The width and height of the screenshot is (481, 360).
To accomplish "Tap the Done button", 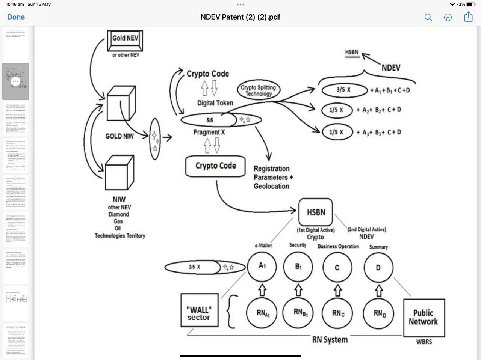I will (x=16, y=17).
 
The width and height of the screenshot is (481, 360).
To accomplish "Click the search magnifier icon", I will (x=428, y=17).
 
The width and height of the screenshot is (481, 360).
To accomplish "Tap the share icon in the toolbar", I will (x=468, y=17).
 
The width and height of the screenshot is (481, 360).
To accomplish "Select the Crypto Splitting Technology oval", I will (x=259, y=90).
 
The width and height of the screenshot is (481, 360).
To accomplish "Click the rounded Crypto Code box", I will (x=216, y=166).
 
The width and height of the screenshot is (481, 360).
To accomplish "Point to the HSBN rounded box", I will (x=316, y=212).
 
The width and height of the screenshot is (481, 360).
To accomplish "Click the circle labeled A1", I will (x=262, y=266).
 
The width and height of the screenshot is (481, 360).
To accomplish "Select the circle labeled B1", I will (x=298, y=267).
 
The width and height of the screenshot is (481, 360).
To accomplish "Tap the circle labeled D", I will (x=378, y=268).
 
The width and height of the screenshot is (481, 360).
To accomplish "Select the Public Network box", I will (x=424, y=318).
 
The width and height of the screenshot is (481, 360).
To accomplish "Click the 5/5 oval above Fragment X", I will (x=210, y=120).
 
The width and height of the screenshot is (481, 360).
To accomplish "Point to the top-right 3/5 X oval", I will (x=344, y=90).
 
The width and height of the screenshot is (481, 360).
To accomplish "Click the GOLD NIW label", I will (x=119, y=136).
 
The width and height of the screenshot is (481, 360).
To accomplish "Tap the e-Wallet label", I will (x=263, y=246).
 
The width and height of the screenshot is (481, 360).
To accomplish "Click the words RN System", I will (x=330, y=340).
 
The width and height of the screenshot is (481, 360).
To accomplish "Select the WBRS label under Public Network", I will (x=424, y=342).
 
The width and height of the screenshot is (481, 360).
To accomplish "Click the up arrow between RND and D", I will (x=379, y=291).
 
